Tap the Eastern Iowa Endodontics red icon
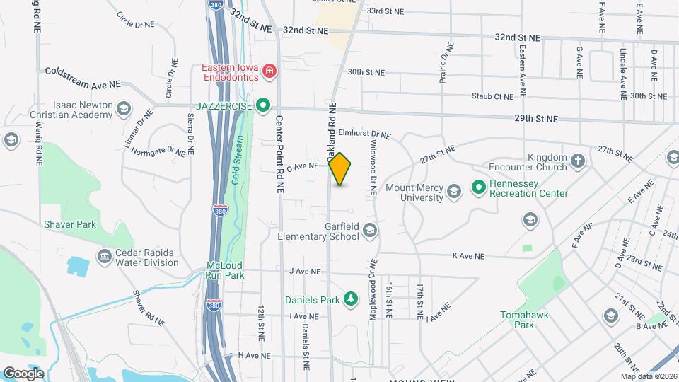(x=269, y=71)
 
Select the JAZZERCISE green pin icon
(x=264, y=106)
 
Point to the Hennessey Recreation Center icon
(x=478, y=187)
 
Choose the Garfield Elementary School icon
(x=369, y=231)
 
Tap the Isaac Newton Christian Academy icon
(x=124, y=108)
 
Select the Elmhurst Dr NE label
(x=364, y=134)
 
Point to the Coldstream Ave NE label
(x=83, y=78)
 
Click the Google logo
(x=23, y=373)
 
